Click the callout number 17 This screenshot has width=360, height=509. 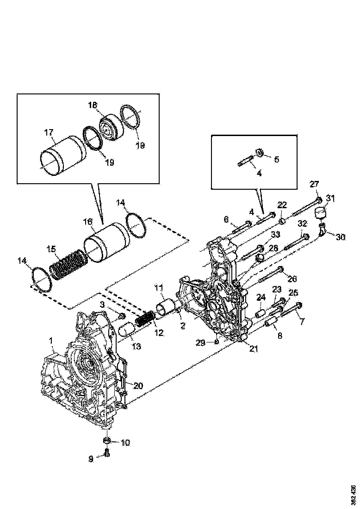(x=49, y=133)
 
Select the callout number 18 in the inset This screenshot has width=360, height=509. (x=93, y=106)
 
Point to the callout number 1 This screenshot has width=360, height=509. (x=50, y=340)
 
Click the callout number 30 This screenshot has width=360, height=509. (x=341, y=237)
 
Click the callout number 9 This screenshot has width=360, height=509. (x=91, y=459)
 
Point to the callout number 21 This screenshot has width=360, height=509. (x=253, y=349)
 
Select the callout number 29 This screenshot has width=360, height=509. (x=200, y=342)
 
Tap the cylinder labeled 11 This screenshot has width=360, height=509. (x=167, y=307)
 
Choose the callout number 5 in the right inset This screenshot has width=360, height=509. (x=276, y=159)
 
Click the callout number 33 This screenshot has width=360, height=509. (x=276, y=234)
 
